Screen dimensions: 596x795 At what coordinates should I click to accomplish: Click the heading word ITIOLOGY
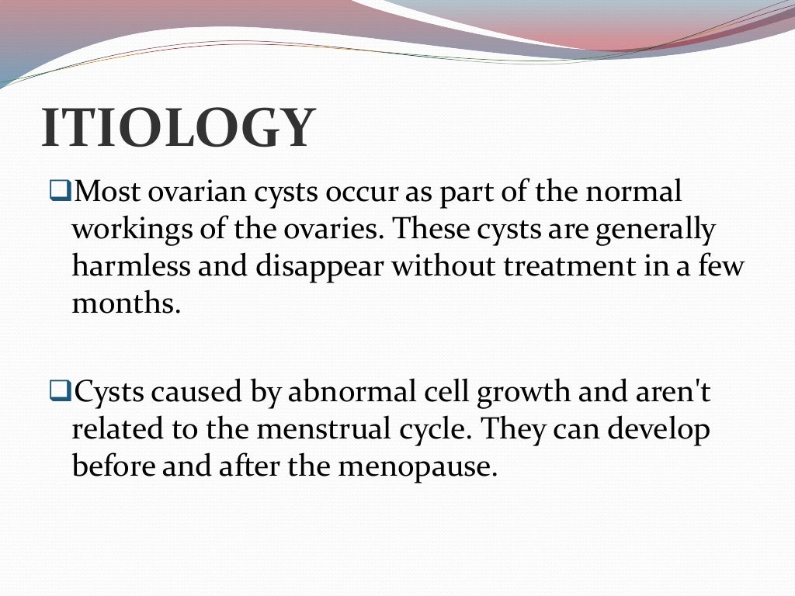[179, 128]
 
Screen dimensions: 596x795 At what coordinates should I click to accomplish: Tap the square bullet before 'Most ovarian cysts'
[60, 189]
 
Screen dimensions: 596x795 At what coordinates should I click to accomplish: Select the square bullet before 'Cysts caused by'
[60, 392]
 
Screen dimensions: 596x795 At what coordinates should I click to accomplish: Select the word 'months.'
[126, 303]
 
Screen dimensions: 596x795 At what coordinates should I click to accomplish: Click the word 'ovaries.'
[333, 230]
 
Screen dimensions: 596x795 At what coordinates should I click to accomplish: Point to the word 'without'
[443, 266]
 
